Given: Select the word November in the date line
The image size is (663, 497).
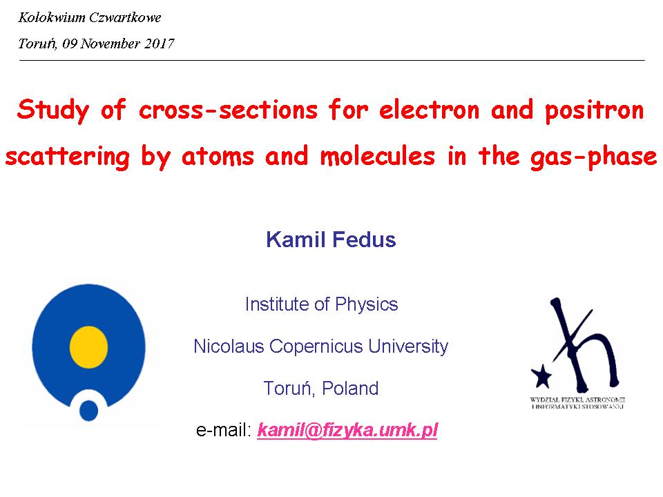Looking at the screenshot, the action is pyautogui.click(x=110, y=43).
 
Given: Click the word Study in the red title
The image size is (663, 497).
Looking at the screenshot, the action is pyautogui.click(x=53, y=110).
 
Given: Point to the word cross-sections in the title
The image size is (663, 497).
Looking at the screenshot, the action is pyautogui.click(x=228, y=110).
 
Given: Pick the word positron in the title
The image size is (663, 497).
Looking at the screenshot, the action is pyautogui.click(x=594, y=110).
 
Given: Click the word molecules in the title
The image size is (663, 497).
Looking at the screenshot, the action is pyautogui.click(x=378, y=156).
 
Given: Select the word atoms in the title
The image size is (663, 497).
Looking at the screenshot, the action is pyautogui.click(x=218, y=157).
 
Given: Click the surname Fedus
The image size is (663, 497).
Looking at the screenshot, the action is pyautogui.click(x=364, y=240).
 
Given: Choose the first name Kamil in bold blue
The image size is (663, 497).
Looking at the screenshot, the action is pyautogui.click(x=296, y=240).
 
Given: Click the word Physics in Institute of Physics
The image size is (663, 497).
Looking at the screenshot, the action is pyautogui.click(x=366, y=304).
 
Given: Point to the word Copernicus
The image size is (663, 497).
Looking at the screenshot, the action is pyautogui.click(x=316, y=346).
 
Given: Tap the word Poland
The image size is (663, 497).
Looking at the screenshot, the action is pyautogui.click(x=350, y=389).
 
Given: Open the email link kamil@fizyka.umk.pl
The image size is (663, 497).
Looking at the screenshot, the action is pyautogui.click(x=347, y=430).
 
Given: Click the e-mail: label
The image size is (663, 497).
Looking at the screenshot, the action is pyautogui.click(x=224, y=430).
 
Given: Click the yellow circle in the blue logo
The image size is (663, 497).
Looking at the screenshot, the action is pyautogui.click(x=89, y=347).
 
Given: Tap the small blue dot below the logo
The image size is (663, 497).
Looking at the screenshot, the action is pyautogui.click(x=89, y=410).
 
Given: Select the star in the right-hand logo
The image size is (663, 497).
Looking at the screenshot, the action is pyautogui.click(x=541, y=376).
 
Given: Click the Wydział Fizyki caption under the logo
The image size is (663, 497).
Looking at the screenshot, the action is pyautogui.click(x=577, y=402).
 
